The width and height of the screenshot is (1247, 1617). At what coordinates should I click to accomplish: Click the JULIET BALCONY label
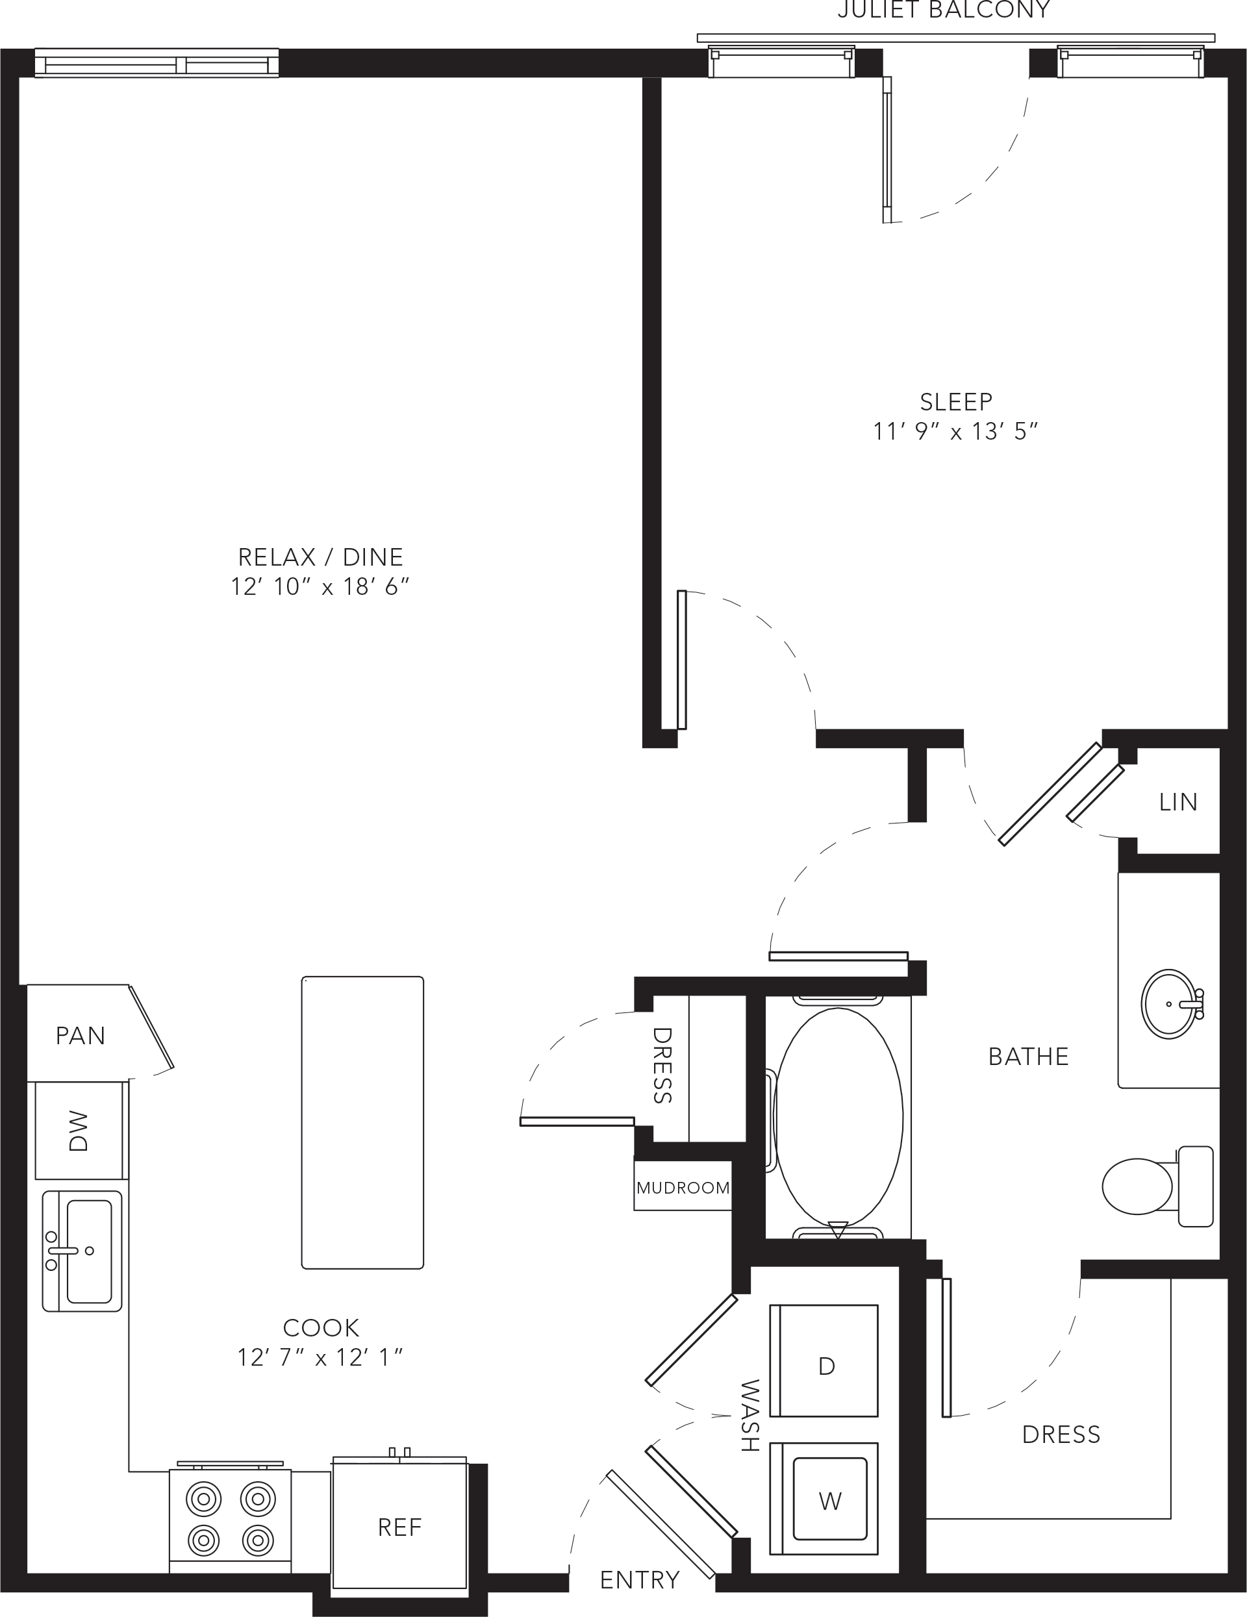[x=944, y=10]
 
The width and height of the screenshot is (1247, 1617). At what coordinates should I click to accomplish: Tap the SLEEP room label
[x=956, y=402]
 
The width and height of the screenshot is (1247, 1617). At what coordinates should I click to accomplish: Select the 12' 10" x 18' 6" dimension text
[x=320, y=587]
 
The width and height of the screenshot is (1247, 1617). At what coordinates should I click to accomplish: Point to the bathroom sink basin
[x=1169, y=1004]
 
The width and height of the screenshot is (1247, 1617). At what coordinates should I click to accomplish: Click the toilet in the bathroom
[x=1157, y=1186]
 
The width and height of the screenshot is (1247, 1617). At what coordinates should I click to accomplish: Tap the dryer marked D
[x=824, y=1364]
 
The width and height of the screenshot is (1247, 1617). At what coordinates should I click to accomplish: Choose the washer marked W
[x=824, y=1501]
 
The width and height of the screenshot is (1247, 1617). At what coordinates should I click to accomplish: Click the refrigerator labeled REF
[x=399, y=1523]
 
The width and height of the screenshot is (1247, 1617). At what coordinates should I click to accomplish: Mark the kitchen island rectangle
[x=363, y=1122]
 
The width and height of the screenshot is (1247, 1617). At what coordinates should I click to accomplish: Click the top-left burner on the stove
[x=204, y=1499]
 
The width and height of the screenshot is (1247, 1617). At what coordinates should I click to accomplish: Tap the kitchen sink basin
[x=90, y=1251]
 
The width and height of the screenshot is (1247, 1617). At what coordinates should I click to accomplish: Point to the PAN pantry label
[x=81, y=1036]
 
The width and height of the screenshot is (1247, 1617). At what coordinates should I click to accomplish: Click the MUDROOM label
[x=683, y=1188]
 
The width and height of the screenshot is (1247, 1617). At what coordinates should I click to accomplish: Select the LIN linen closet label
[x=1178, y=802]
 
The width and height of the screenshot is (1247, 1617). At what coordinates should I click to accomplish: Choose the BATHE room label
[x=1029, y=1057]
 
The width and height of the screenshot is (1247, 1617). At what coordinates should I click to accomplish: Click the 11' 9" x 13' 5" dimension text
[x=956, y=432]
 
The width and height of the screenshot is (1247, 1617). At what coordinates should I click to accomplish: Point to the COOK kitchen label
[x=321, y=1327]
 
